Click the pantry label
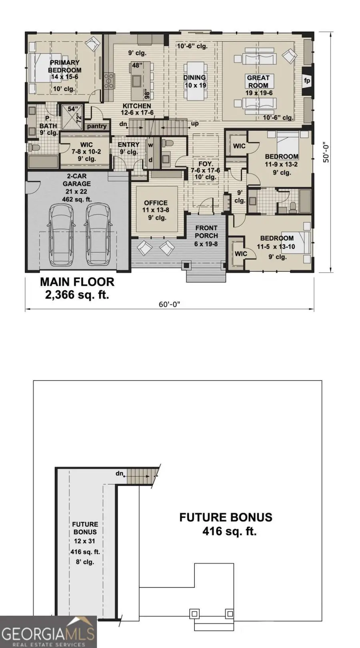[97, 126]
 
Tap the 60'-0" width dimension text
[170, 305]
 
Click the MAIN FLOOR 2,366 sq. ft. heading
[77, 288]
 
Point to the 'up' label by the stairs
[195, 124]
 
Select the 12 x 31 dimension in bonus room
[85, 541]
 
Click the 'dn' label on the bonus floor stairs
[119, 474]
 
